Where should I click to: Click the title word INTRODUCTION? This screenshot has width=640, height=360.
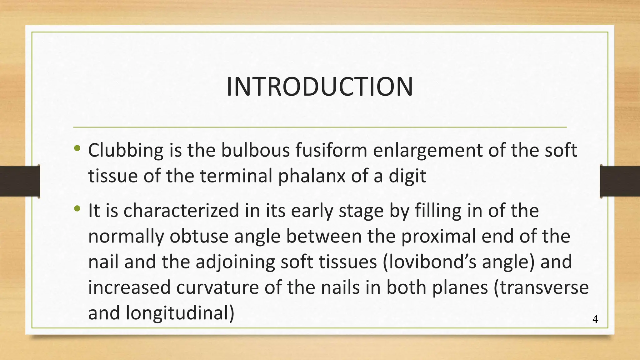pyautogui.click(x=320, y=87)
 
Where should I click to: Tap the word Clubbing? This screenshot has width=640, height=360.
pyautogui.click(x=126, y=151)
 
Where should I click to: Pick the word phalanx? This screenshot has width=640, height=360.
pyautogui.click(x=312, y=176)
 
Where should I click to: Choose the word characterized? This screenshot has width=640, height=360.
pyautogui.click(x=181, y=211)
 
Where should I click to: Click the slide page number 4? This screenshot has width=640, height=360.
pyautogui.click(x=595, y=320)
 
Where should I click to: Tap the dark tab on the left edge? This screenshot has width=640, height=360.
pyautogui.click(x=20, y=181)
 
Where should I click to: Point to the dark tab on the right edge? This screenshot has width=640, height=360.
pyautogui.click(x=620, y=181)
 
